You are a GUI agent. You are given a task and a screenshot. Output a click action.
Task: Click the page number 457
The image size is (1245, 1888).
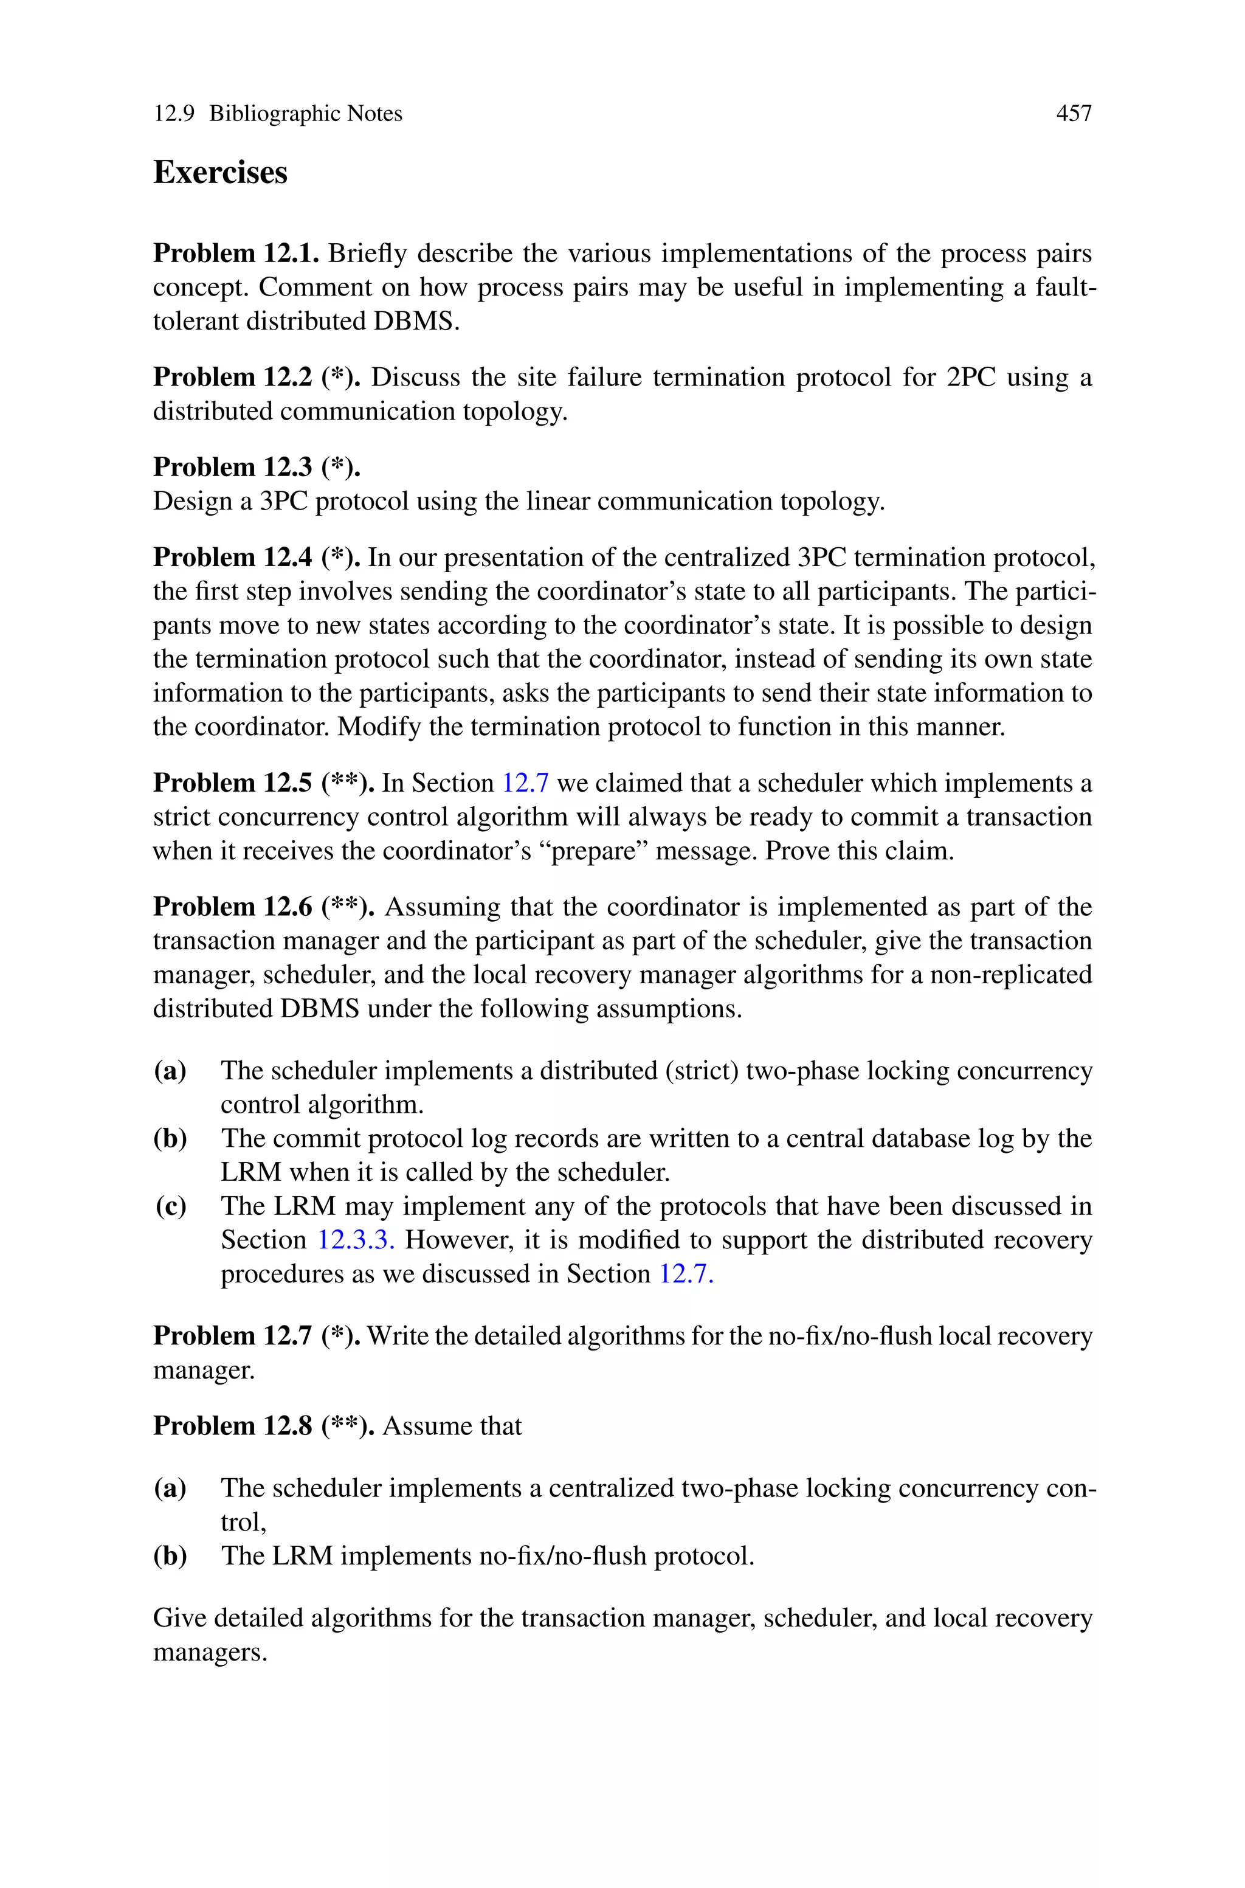click(x=1074, y=114)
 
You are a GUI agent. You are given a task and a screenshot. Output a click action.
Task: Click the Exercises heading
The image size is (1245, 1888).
click(x=220, y=172)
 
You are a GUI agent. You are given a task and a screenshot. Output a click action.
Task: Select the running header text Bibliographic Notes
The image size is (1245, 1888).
click(x=306, y=114)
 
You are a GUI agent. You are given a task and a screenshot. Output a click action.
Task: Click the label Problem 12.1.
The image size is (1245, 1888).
click(x=236, y=254)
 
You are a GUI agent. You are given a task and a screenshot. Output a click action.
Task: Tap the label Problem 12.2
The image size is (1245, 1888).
click(x=233, y=377)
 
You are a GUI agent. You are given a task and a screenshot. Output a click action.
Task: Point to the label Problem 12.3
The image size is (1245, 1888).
click(x=233, y=467)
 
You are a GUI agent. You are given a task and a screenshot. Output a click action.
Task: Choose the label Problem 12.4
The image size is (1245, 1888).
click(x=233, y=558)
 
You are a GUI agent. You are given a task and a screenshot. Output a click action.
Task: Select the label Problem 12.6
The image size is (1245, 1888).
click(x=233, y=907)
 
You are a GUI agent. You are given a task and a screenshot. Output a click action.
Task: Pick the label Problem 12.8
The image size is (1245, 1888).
click(x=233, y=1425)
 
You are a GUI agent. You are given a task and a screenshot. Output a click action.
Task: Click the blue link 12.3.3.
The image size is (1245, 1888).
click(x=356, y=1240)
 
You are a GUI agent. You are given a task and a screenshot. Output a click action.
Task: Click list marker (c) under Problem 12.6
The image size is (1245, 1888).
click(x=171, y=1206)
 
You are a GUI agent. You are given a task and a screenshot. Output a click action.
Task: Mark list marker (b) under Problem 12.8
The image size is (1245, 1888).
click(x=171, y=1555)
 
